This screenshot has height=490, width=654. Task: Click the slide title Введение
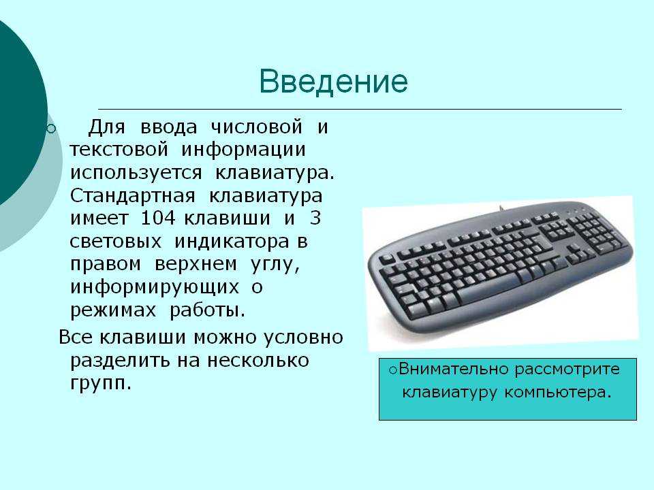pos(333,81)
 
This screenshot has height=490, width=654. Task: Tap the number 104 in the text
pos(159,218)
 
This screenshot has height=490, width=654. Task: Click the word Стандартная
pos(133,196)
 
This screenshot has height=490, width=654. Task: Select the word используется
pos(136,173)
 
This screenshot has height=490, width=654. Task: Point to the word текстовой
pos(119,150)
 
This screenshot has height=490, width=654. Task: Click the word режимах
pos(112,311)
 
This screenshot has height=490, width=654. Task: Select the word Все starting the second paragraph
pos(76,337)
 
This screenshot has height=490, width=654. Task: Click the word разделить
pos(121,361)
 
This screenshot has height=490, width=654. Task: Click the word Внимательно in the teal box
pos(454,369)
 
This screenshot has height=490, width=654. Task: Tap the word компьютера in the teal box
pos(558,393)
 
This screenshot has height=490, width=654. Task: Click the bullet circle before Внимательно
pos(392,370)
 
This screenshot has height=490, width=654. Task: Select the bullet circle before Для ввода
pos(51,129)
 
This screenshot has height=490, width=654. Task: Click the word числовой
pos(257,127)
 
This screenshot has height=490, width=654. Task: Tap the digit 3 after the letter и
pos(315,218)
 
